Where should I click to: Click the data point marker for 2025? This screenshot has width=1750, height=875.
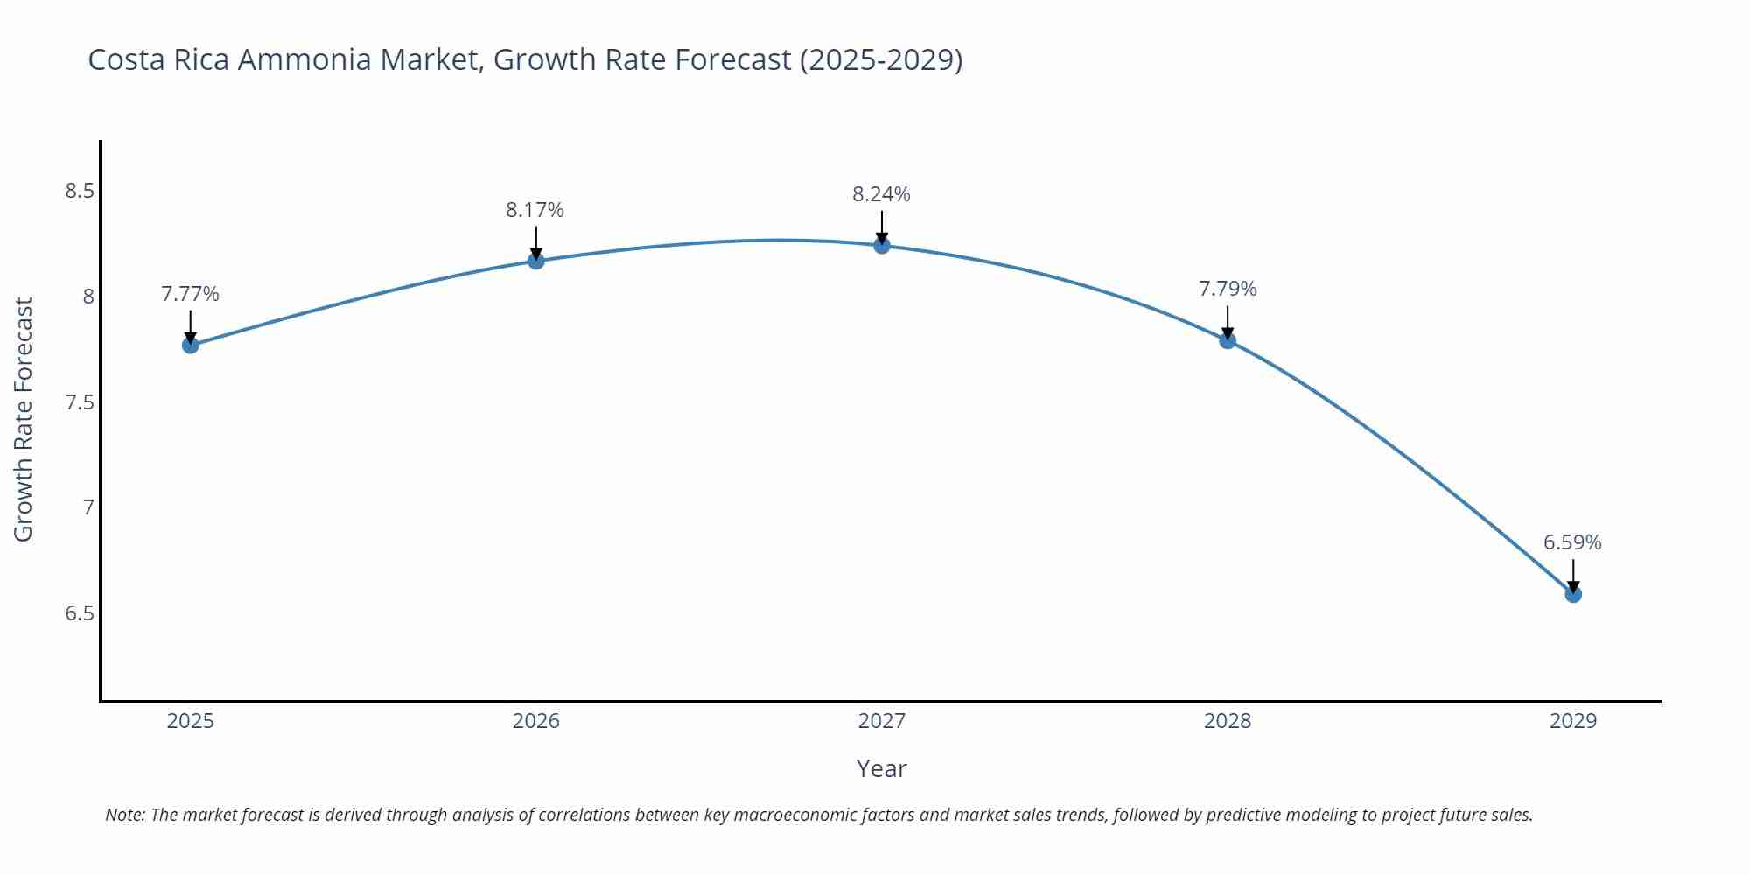tap(190, 345)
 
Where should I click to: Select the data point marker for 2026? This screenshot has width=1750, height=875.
tap(536, 261)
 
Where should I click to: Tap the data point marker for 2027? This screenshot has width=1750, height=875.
tap(882, 246)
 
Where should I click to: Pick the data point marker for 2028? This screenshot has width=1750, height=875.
tap(1228, 340)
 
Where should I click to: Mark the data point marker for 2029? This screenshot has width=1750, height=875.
tap(1573, 594)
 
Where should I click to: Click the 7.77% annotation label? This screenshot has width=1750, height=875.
tap(190, 294)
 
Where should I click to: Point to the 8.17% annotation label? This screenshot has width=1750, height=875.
tap(535, 210)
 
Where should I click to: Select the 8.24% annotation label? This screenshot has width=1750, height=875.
tap(881, 194)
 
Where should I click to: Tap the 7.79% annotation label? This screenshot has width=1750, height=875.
tap(1228, 289)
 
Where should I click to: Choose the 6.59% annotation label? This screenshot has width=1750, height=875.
tap(1572, 542)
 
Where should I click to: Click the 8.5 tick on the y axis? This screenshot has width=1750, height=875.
tap(80, 191)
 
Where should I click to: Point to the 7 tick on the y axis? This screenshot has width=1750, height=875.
tap(88, 507)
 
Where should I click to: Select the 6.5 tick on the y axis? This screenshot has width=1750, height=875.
tap(80, 613)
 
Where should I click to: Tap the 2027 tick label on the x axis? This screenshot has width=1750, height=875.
tap(882, 721)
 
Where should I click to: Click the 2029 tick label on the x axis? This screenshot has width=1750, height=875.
tap(1573, 721)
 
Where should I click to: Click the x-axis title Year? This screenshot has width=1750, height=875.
tap(881, 768)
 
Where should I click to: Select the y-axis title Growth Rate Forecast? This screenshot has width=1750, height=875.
tap(24, 419)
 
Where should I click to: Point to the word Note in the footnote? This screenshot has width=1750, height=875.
tap(125, 815)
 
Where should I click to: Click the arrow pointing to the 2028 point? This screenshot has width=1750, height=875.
tap(1228, 322)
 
